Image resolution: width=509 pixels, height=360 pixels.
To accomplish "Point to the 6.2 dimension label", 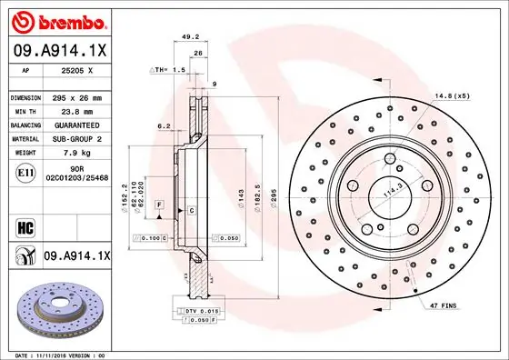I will click(x=164, y=126).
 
